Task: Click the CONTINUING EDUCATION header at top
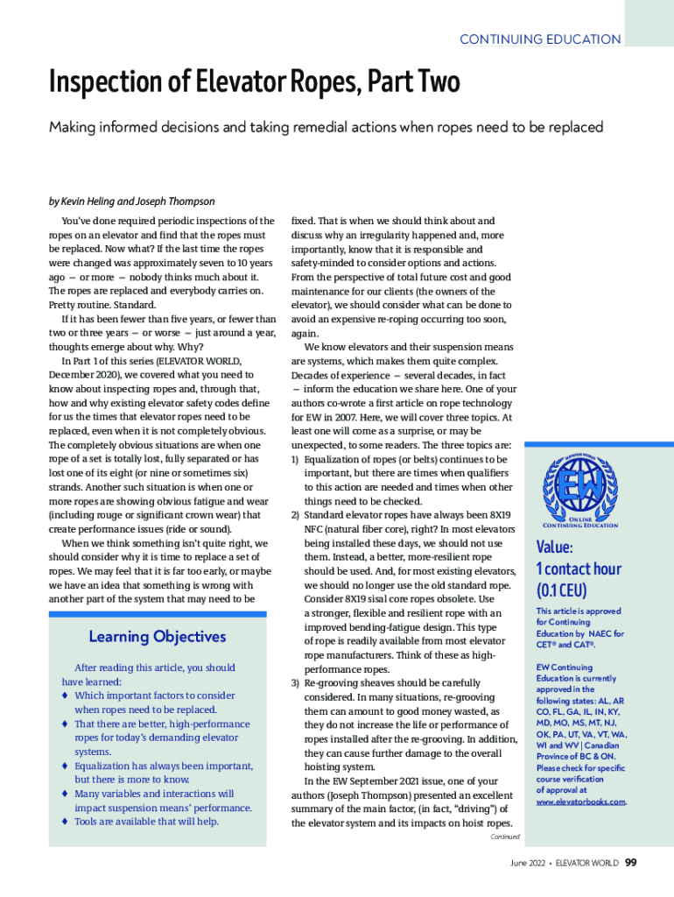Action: click(x=540, y=39)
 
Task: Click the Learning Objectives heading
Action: click(x=158, y=637)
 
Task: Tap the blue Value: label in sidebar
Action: click(x=554, y=547)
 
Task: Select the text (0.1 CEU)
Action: click(x=561, y=590)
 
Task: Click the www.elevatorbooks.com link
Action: click(x=580, y=801)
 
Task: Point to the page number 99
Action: click(x=630, y=863)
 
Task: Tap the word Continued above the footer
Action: click(x=504, y=837)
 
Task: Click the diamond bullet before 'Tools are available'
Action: click(x=66, y=822)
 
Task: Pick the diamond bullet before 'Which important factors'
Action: click(x=66, y=696)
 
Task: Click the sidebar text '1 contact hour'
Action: click(x=578, y=569)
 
